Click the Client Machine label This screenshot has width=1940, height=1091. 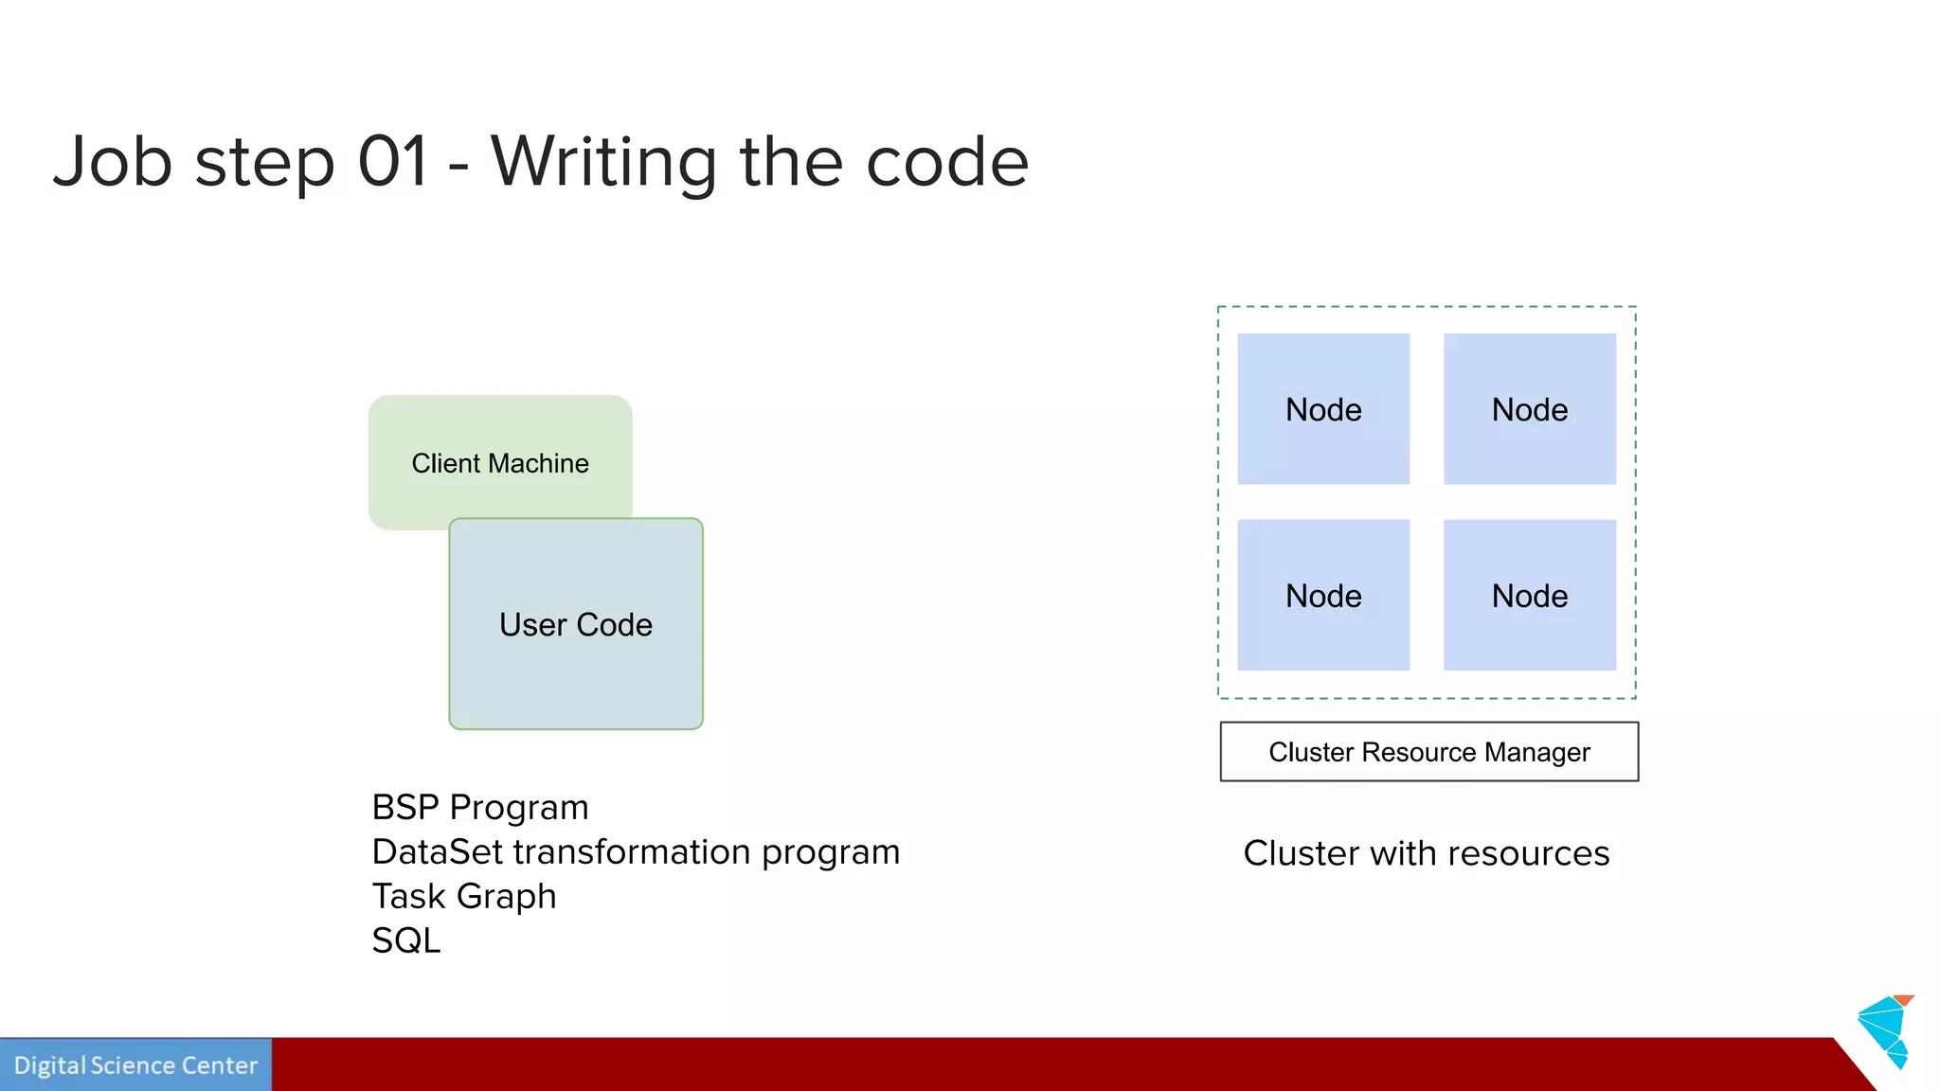click(500, 463)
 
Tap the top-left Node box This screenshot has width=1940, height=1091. click(1323, 409)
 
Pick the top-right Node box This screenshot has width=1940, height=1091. click(1530, 409)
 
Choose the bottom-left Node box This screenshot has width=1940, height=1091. click(1323, 596)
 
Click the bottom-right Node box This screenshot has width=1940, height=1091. click(1530, 596)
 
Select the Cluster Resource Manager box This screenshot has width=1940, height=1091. click(1428, 752)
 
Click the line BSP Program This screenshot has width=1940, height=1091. click(480, 808)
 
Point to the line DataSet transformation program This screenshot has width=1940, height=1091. click(636, 852)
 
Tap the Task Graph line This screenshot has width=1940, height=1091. click(464, 896)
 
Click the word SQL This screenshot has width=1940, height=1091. click(406, 940)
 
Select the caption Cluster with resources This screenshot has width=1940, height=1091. click(1426, 853)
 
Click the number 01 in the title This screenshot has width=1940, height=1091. click(393, 161)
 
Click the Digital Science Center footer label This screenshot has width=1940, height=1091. click(135, 1065)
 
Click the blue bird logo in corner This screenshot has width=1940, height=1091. click(1885, 1030)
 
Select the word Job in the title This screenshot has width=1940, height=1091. click(113, 161)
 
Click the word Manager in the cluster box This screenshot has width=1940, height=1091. click(1536, 752)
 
